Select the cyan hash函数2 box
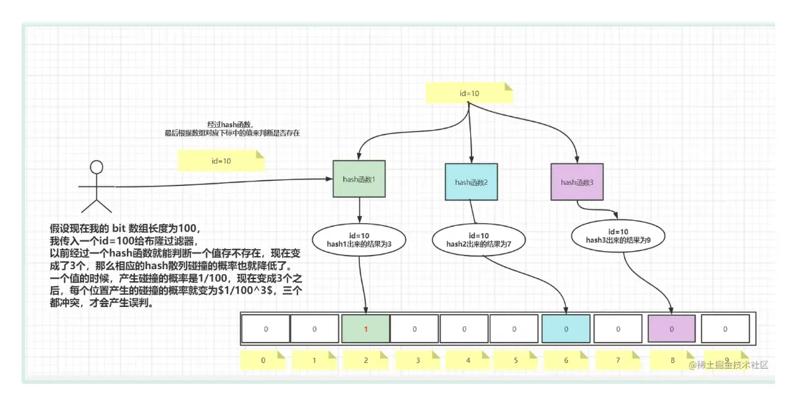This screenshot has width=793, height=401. [471, 182]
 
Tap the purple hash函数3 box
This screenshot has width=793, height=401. [577, 182]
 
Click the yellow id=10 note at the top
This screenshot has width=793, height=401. [470, 93]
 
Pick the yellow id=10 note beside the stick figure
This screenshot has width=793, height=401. [221, 161]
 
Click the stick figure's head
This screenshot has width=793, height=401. [96, 167]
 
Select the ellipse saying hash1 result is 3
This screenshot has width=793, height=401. [358, 240]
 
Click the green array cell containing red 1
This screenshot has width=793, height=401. [366, 329]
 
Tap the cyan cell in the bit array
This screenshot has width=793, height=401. [566, 329]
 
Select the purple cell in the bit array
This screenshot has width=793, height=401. [672, 329]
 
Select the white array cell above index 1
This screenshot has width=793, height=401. [314, 329]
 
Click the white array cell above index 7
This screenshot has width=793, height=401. [619, 329]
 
